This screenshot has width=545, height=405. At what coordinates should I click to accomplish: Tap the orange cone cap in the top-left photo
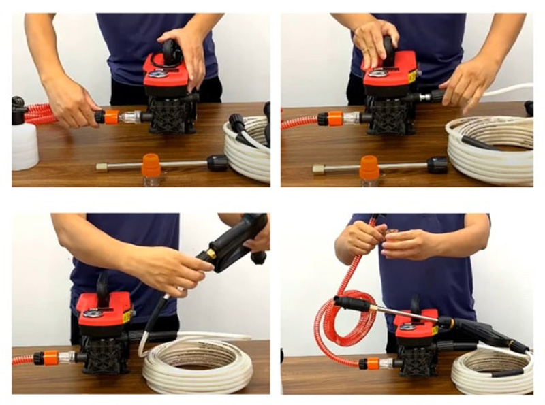tap(151, 165)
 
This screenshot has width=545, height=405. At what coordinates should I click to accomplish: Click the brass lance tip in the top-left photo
tap(102, 167)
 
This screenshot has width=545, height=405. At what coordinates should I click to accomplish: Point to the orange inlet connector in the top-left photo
tap(110, 116)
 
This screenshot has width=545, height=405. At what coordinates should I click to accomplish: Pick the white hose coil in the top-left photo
tap(249, 146)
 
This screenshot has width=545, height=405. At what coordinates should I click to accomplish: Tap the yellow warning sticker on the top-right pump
tap(411, 76)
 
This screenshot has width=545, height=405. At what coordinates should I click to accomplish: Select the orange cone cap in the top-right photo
tap(369, 167)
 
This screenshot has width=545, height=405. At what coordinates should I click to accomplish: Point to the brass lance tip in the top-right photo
tap(317, 169)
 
